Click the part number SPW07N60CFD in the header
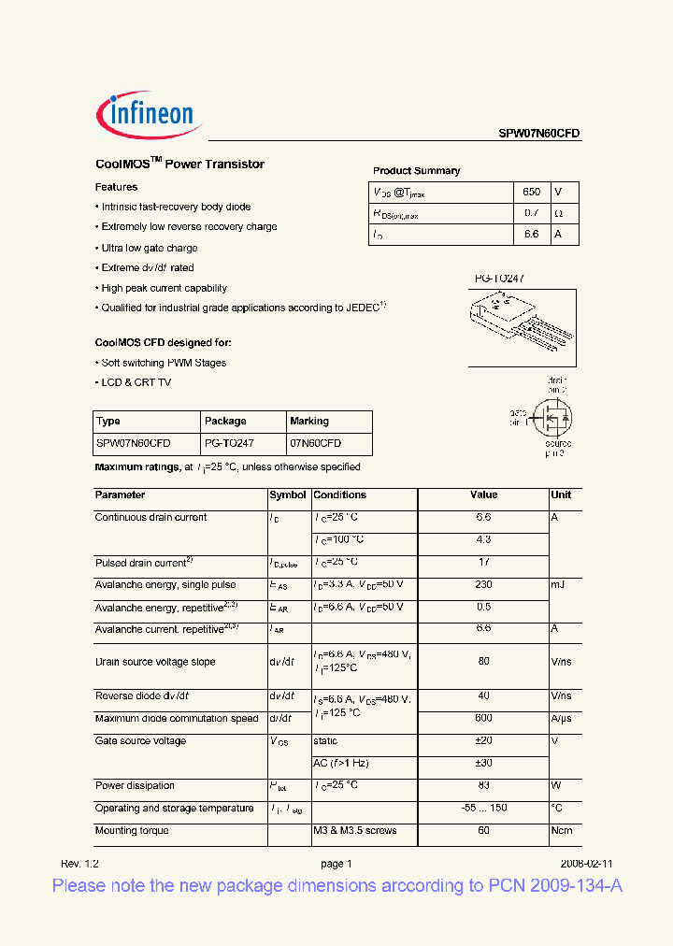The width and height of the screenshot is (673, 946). coord(538,134)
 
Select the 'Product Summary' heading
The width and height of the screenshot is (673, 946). coord(416,171)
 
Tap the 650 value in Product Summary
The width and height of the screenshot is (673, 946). coord(531,192)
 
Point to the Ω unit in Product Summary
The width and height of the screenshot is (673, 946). coord(559,213)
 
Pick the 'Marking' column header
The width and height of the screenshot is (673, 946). coord(309,422)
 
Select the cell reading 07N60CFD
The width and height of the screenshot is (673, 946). coord(315,443)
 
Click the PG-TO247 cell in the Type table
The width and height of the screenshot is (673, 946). coord(229,443)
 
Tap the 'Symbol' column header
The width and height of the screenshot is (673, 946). coord(287,495)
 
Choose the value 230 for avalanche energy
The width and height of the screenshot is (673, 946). coord(483,584)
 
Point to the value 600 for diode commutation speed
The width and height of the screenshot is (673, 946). coord(483,718)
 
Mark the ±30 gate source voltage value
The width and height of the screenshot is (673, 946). coord(483,763)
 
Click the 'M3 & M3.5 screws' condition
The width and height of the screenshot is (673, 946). coord(355,830)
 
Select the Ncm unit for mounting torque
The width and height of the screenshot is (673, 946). coord(562,830)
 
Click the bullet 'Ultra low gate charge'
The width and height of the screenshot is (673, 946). coord(149,248)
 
